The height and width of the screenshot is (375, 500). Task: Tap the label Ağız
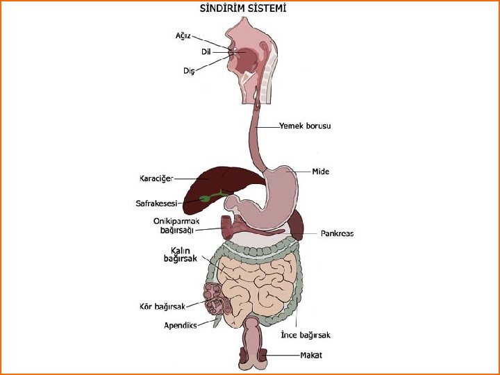pos(182,35)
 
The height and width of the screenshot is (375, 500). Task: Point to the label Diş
pos(189,70)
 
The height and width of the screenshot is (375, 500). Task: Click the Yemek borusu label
pos(305,126)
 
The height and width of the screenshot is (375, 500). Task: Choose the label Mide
pos(320,171)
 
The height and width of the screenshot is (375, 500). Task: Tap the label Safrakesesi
pos(156,203)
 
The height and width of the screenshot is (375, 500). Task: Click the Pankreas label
pos(337,233)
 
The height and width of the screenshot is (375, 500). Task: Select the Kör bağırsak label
pos(162,306)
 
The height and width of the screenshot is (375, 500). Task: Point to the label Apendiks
pos(181,325)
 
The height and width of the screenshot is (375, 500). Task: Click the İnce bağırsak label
pos(305,335)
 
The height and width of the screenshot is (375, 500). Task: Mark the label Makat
pos(311,356)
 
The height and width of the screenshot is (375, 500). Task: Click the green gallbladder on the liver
pos(206,198)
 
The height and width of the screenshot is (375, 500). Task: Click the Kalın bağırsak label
pos(180,254)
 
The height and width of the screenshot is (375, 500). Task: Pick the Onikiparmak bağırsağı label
pos(176,226)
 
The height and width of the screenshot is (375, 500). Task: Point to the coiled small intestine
pos(257,281)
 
